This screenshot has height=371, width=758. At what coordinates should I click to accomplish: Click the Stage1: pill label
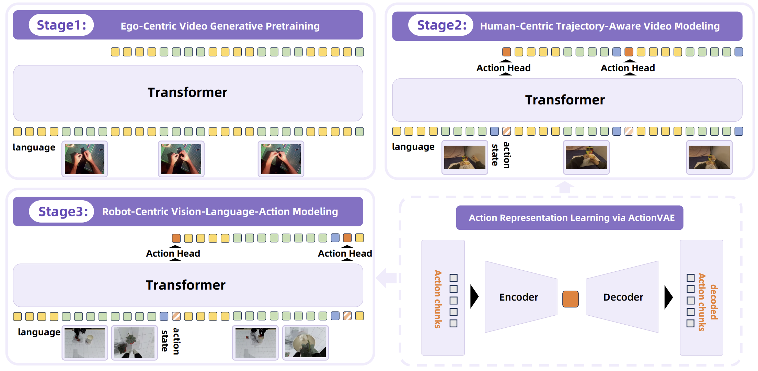pos(61,25)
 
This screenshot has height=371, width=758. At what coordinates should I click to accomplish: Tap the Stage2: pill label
pos(441,25)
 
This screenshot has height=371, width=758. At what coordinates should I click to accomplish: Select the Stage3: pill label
pos(62,212)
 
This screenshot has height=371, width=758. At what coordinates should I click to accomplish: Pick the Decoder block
pos(623,297)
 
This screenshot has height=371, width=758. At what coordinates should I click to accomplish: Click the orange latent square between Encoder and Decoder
pos(570,299)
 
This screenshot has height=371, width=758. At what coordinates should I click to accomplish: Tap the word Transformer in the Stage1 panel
pos(187,92)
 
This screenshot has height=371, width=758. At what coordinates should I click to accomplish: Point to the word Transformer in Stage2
pos(565,100)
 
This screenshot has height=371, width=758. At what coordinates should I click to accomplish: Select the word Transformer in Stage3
pos(186,285)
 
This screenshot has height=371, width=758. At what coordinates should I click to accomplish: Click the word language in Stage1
pos(34,147)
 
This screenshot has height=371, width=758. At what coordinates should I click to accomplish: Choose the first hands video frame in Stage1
pos(85,159)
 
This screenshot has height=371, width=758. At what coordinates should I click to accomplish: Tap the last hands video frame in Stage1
pos(281,159)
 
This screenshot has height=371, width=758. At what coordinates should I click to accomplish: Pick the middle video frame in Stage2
pos(586,157)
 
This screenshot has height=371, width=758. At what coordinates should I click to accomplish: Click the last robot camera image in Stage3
pos(305,342)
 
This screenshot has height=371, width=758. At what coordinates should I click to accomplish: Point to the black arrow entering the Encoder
pos(474,296)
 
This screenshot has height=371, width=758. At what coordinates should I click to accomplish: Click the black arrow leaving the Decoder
pos(668,297)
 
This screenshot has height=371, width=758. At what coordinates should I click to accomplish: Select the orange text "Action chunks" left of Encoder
pos(438,299)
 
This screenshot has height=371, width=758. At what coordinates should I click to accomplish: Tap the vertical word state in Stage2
pos(495,155)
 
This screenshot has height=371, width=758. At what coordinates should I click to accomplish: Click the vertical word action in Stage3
pos(176,341)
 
